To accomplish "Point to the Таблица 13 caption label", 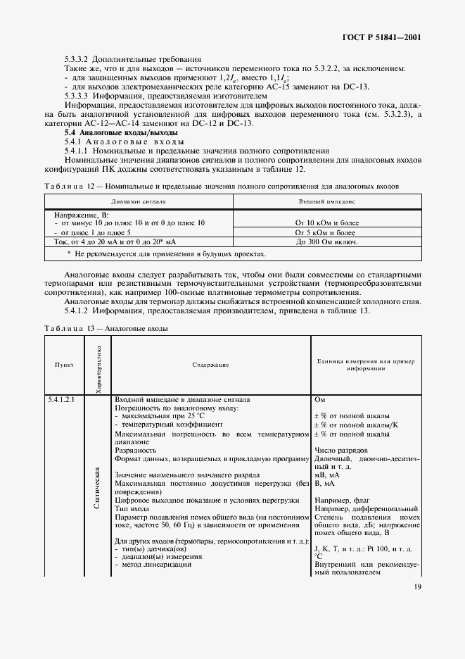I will point(65,328).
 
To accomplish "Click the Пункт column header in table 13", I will point(64,365).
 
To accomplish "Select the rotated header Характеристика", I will point(97,365).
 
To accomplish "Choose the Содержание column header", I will point(210,365).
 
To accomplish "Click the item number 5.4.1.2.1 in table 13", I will point(64,399).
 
